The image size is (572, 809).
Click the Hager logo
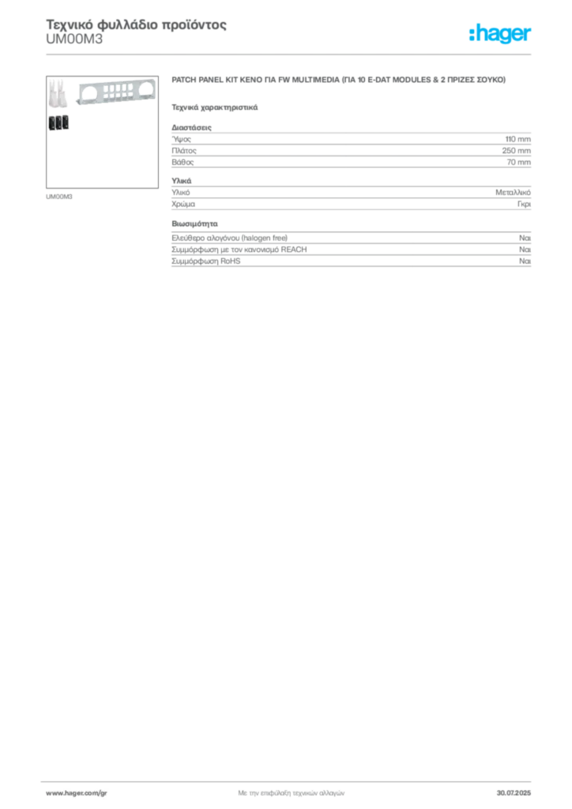500,33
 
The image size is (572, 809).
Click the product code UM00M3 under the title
74,40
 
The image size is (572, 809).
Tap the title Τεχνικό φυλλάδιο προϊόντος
136,24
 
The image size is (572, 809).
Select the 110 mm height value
517,139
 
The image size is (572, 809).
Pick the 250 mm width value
516,151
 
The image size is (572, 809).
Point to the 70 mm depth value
519,162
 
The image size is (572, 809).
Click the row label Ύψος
181,139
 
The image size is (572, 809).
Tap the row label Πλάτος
184,151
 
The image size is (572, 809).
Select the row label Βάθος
183,162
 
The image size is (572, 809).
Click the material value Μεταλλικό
514,193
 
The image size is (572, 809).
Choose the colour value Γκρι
524,204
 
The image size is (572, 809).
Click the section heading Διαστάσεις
191,127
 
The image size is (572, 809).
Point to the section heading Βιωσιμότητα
194,224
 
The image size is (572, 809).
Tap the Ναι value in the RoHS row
525,261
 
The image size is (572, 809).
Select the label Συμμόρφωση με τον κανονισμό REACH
239,250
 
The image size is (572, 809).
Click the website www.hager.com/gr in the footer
77,793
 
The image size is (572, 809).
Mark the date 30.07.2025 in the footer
514,793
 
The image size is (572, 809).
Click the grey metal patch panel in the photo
116,94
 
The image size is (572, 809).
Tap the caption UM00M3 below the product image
58,197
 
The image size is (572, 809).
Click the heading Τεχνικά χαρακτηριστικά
215,107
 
